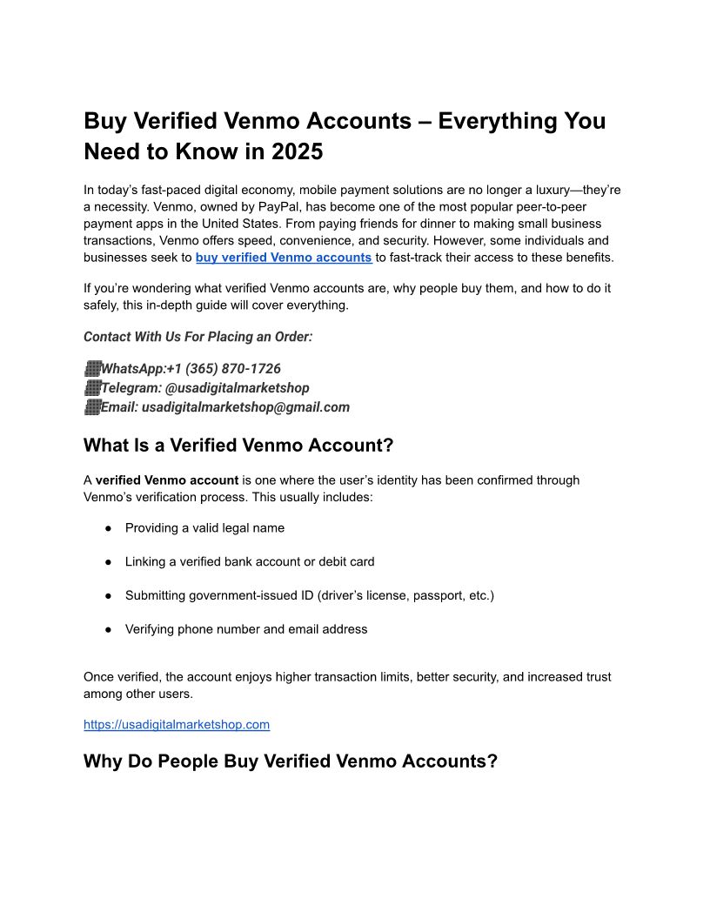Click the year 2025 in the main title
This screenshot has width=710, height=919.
[x=297, y=151]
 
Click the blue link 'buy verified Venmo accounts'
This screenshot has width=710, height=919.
[x=284, y=258]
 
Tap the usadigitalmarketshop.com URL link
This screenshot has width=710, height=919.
[x=177, y=724]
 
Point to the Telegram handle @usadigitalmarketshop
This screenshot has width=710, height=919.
[x=237, y=388]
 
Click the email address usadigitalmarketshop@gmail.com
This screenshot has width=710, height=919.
[x=245, y=406]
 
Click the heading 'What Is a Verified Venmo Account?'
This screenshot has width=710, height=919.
[x=238, y=446]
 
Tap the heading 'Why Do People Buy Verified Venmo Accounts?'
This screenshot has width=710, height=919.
[x=291, y=761]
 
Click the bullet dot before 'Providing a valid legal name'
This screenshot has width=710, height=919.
[x=109, y=528]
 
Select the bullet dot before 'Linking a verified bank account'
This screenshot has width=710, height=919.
[x=109, y=562]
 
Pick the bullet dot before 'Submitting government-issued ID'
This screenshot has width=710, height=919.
[x=109, y=596]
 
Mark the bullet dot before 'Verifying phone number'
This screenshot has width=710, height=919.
[x=109, y=629]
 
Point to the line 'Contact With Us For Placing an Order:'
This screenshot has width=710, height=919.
[x=198, y=337]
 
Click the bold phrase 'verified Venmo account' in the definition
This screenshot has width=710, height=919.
[x=167, y=480]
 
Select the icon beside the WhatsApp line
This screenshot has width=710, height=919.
[x=92, y=369]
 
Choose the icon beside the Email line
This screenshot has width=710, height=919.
[x=92, y=406]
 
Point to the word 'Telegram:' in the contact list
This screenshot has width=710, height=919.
[x=131, y=388]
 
